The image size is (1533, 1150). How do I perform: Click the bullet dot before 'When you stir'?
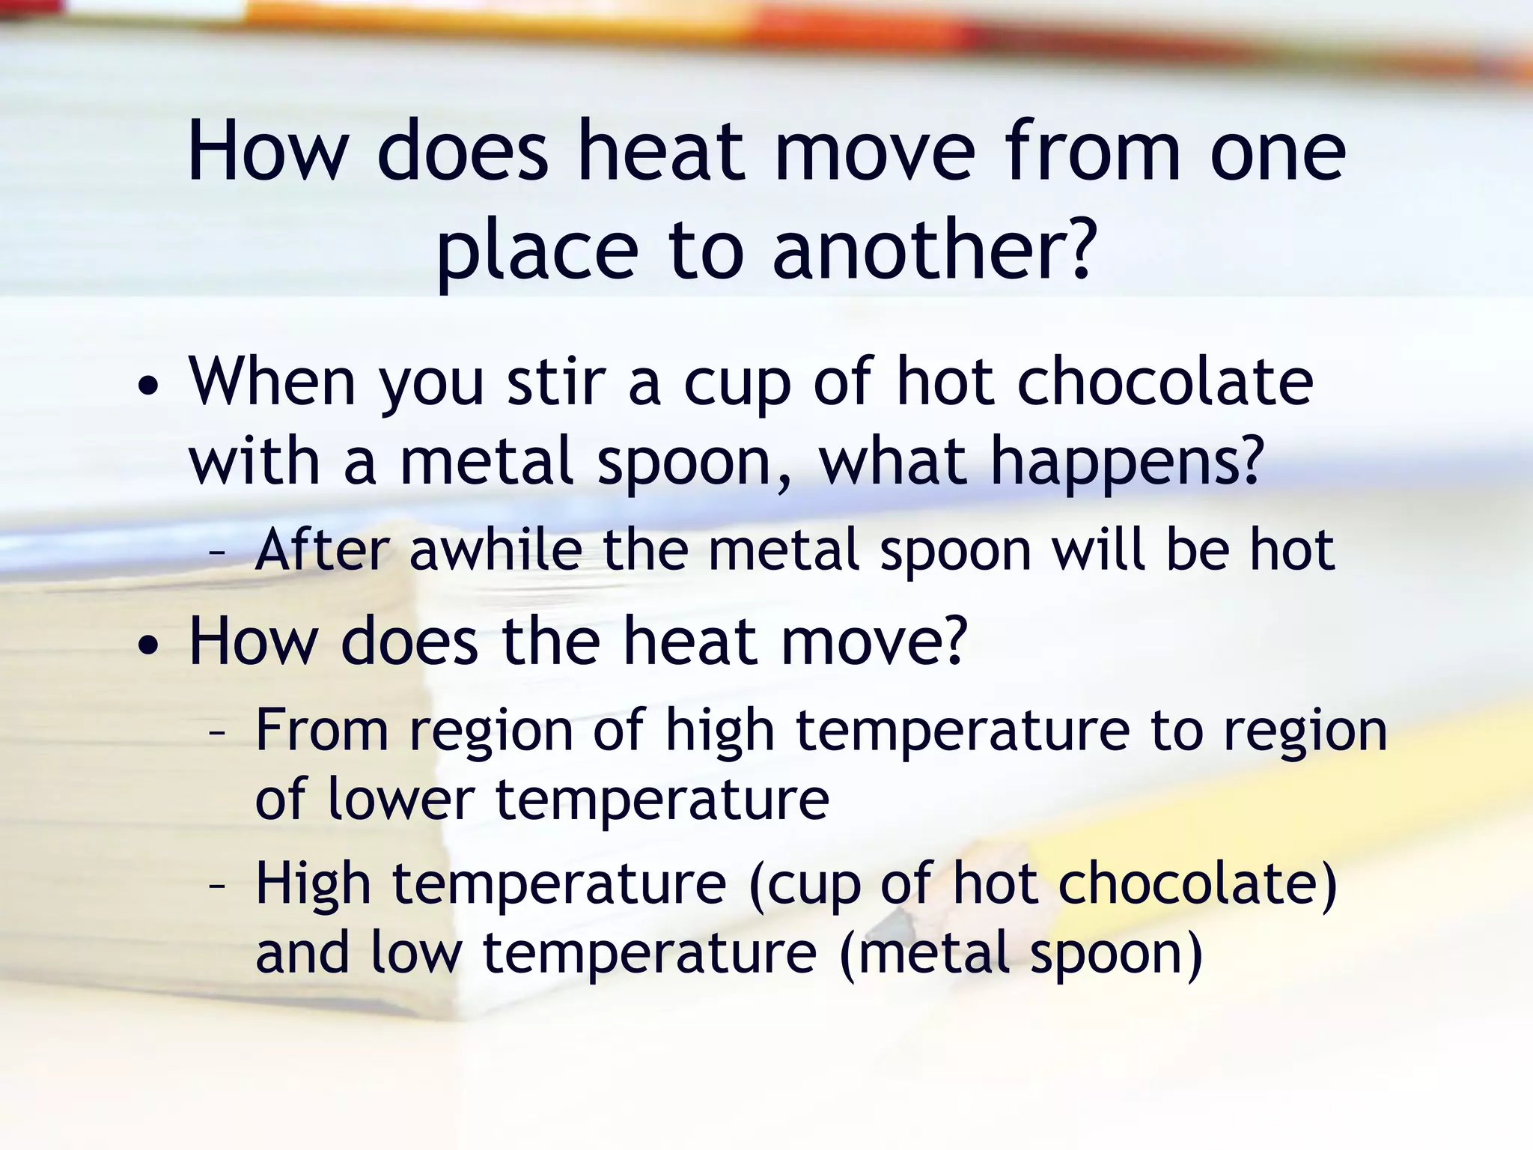coord(148,388)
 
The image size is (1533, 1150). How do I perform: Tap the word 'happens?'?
coord(1127,463)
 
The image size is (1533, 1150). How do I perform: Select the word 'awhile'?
coord(496,550)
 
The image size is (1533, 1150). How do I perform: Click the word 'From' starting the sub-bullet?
coord(322,730)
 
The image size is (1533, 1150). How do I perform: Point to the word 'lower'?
coord(400,799)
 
